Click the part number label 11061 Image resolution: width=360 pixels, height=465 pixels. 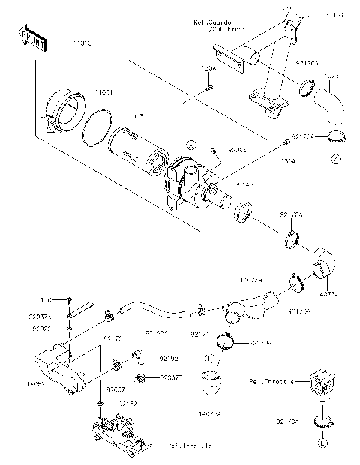tap(104, 92)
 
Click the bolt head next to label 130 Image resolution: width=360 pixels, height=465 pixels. tap(69, 299)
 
